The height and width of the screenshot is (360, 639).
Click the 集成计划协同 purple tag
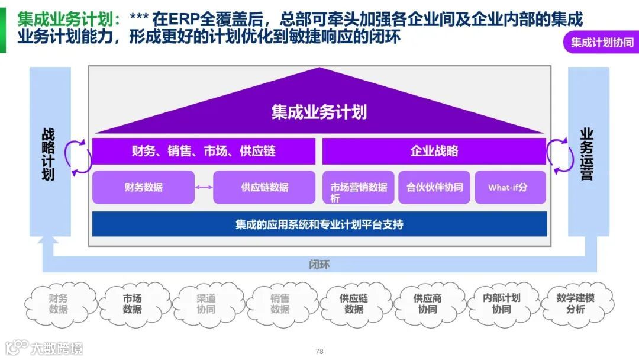tap(602, 43)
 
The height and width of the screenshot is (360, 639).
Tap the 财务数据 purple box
tap(143, 187)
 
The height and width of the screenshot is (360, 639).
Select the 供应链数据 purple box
tap(264, 187)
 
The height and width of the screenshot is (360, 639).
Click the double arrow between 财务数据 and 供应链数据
tap(204, 188)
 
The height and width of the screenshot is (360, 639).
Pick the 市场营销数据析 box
tap(358, 188)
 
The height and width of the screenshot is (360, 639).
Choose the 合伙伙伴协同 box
tap(434, 188)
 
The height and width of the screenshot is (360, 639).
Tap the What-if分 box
tap(510, 188)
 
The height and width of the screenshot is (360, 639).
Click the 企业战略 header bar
tap(434, 151)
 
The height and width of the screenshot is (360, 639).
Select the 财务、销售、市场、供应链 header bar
tap(204, 151)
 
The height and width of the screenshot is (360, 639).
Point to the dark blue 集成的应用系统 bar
tap(319, 224)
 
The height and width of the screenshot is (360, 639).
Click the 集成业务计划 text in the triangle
tap(319, 112)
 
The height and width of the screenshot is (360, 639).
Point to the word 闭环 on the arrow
tap(319, 264)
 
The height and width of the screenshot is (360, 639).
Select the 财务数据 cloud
tap(59, 304)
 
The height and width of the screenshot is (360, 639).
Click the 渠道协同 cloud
tap(206, 304)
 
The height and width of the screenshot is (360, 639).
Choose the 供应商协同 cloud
tap(427, 304)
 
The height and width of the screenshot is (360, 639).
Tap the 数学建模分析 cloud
tap(575, 304)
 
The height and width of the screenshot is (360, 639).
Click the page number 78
tap(319, 351)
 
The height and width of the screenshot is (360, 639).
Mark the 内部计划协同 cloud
tap(501, 304)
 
